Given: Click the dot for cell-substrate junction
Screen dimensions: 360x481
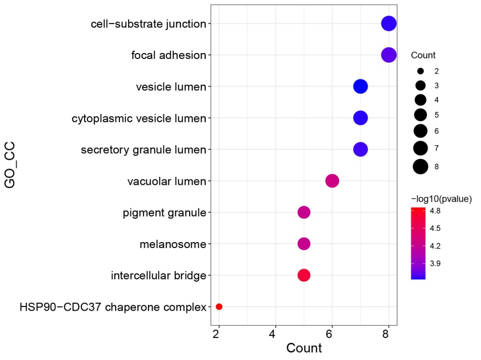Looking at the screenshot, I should pos(388,24).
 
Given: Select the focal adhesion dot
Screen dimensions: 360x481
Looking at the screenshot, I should pos(388,55).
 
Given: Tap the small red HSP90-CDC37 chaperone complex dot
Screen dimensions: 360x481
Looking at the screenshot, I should pos(219,306).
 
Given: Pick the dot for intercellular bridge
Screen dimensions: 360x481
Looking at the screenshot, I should pos(304,275).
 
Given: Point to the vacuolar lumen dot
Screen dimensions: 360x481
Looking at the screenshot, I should pos(332,181).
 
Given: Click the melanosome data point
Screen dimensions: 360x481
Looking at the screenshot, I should pos(304,244).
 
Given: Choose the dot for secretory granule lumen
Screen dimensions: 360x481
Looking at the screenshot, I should pos(360,149).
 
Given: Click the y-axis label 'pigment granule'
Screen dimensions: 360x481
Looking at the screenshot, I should pos(164,213).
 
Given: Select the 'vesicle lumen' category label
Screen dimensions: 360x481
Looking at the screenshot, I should pos(171,87).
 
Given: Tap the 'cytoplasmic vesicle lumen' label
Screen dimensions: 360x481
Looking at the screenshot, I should pos(139,118).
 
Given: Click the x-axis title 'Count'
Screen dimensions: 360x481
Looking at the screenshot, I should pos(304,348).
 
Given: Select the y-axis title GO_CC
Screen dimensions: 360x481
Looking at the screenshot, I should pos(10,165).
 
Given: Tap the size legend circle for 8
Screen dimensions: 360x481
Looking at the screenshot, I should pos(420,167).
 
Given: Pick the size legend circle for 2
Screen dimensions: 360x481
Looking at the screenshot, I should pos(420,71).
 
